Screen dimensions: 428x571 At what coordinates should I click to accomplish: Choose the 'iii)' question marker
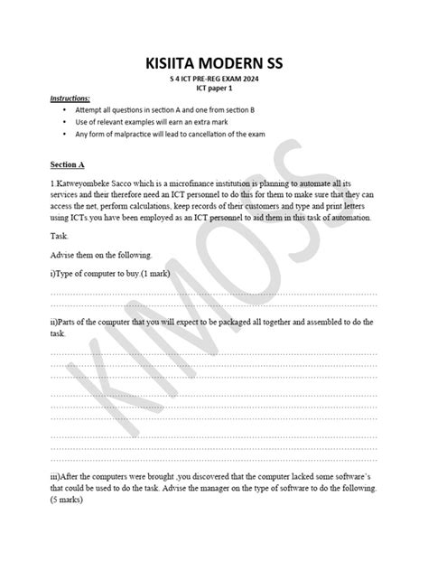click(57, 476)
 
